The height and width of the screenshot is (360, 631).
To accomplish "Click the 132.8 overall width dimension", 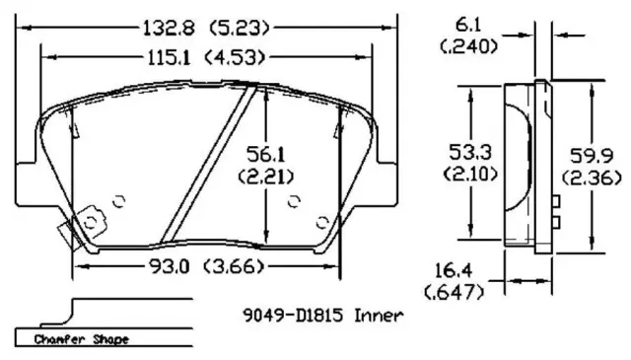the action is point(169,29).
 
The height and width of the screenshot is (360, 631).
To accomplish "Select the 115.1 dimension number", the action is point(169,57).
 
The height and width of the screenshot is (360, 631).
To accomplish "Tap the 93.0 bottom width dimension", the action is point(169,266).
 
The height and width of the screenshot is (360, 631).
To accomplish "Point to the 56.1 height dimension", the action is point(265,154).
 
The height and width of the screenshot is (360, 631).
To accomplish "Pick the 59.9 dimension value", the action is point(592,156).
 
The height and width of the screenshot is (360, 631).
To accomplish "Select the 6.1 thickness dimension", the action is point(467,26).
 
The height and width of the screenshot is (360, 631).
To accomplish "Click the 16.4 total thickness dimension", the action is point(454,271).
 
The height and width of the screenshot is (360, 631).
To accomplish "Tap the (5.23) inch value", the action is point(239,29).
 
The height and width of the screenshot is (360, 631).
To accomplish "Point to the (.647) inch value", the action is point(455,292).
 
